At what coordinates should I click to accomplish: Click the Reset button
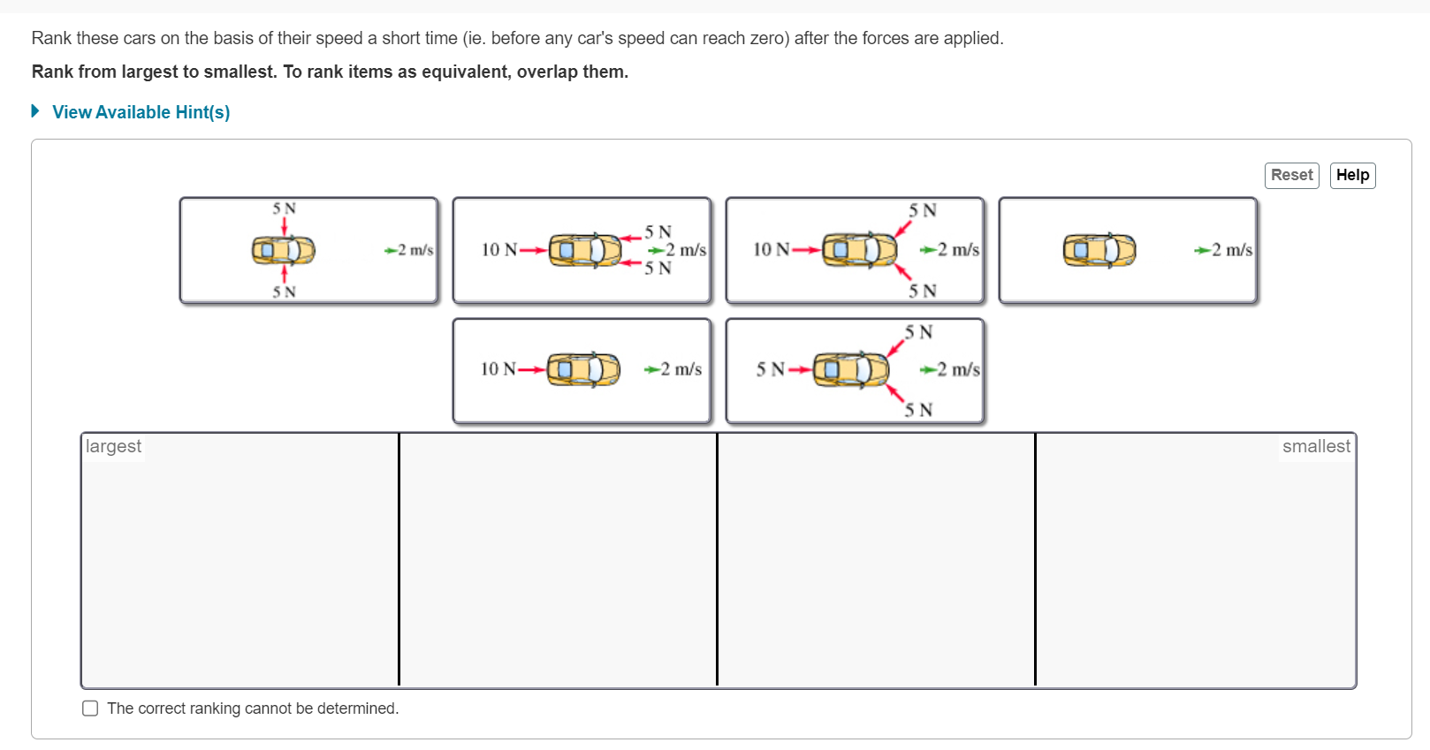click(x=1291, y=175)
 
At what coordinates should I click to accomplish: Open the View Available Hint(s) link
click(x=141, y=112)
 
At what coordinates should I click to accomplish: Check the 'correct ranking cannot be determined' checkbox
click(x=90, y=708)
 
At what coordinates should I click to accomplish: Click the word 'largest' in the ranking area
click(x=113, y=446)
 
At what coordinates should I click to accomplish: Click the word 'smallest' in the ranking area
click(x=1316, y=446)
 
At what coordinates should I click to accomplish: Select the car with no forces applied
click(x=1099, y=250)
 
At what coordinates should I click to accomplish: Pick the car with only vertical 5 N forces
click(x=283, y=250)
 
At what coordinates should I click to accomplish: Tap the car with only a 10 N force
click(x=582, y=369)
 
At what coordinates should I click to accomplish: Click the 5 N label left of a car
click(x=770, y=369)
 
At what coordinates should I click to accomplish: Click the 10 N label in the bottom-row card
click(x=498, y=369)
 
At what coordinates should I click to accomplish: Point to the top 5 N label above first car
click(x=284, y=208)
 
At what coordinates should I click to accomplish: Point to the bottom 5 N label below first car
click(x=284, y=292)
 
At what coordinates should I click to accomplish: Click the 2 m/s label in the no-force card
click(x=1231, y=250)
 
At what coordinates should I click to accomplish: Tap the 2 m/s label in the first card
click(x=415, y=250)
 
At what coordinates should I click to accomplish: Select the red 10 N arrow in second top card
click(x=534, y=250)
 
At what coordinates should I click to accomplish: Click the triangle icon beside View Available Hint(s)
click(x=35, y=111)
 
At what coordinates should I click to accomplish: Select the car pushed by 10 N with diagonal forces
click(x=858, y=250)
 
